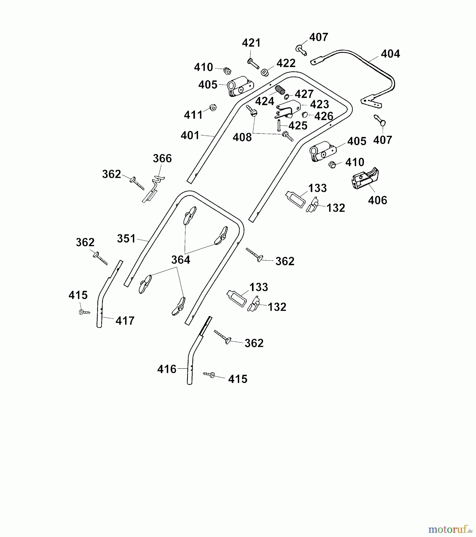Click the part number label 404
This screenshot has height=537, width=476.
click(390, 54)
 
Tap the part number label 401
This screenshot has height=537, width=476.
click(190, 135)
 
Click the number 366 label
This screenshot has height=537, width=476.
click(162, 158)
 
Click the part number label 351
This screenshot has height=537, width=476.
click(126, 239)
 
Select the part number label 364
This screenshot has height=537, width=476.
click(181, 260)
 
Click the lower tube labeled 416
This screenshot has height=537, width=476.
click(194, 352)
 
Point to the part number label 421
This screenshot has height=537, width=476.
click(251, 43)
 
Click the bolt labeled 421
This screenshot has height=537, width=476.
click(253, 64)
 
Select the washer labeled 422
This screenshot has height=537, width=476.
click(264, 72)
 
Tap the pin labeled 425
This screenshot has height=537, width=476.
click(279, 125)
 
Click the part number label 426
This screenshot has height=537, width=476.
click(324, 116)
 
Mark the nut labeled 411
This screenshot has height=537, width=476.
click(213, 107)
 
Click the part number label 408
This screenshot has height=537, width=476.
click(242, 138)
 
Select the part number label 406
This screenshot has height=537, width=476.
click(377, 200)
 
